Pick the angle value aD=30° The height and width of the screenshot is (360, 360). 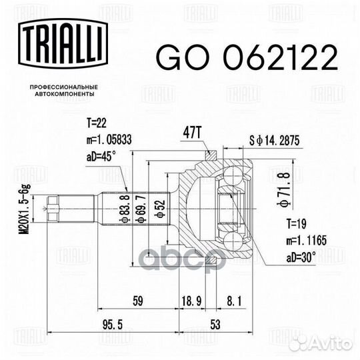coord(289,256)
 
